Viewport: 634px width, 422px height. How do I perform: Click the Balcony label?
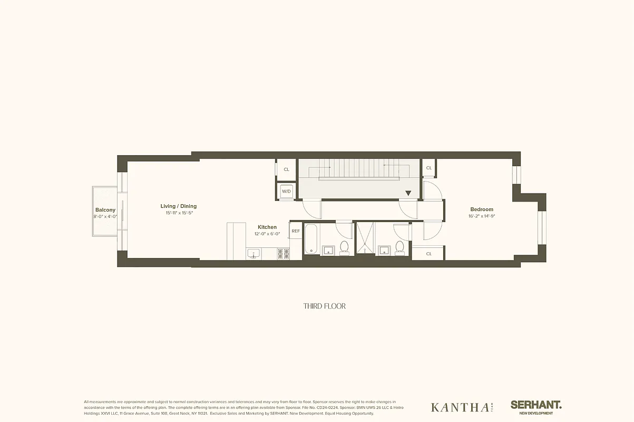(x=105, y=210)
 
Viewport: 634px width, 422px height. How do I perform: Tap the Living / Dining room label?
(x=179, y=206)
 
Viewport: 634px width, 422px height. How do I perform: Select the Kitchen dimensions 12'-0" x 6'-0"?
(x=267, y=233)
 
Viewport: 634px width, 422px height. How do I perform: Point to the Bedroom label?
(x=482, y=209)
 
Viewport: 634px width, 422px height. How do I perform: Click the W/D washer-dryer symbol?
(x=287, y=191)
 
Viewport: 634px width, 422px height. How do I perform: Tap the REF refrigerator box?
(x=296, y=231)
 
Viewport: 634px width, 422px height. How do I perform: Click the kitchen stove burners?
(x=283, y=254)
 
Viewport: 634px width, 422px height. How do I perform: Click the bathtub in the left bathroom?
(x=310, y=240)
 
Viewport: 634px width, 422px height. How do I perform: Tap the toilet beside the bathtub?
(x=345, y=247)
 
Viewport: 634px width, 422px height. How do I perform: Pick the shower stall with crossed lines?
(x=364, y=237)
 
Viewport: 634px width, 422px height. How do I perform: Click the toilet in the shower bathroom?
(x=399, y=247)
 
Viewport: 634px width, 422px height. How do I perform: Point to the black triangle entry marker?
(x=408, y=194)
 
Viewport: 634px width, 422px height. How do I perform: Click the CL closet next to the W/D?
(x=287, y=169)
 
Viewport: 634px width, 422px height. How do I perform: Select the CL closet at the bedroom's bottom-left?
(x=428, y=254)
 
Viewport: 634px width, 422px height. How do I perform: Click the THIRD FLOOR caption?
(x=325, y=306)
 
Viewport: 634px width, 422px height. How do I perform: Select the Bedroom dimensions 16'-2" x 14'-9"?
(x=482, y=216)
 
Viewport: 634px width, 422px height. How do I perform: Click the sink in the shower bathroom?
(x=384, y=249)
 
